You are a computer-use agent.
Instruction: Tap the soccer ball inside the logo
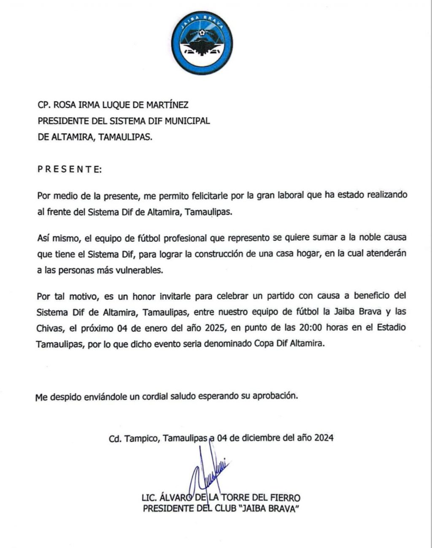(203, 32)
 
